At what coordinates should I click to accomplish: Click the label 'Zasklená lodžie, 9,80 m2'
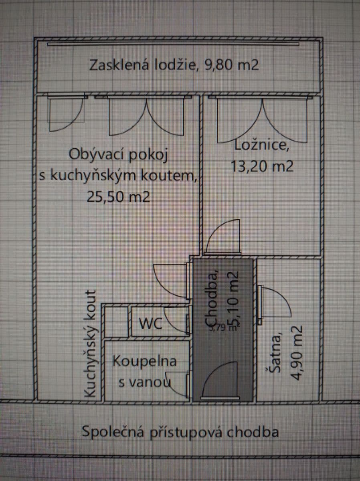click(174, 65)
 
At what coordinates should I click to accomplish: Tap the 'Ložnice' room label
click(262, 145)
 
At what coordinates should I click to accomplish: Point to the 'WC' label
click(150, 323)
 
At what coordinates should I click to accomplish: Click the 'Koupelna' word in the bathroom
click(144, 361)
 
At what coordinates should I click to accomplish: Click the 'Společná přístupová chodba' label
click(180, 432)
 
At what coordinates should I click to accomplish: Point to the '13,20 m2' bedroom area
click(262, 165)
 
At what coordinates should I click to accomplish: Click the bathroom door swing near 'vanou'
click(179, 384)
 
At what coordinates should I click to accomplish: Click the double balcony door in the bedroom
click(263, 120)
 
